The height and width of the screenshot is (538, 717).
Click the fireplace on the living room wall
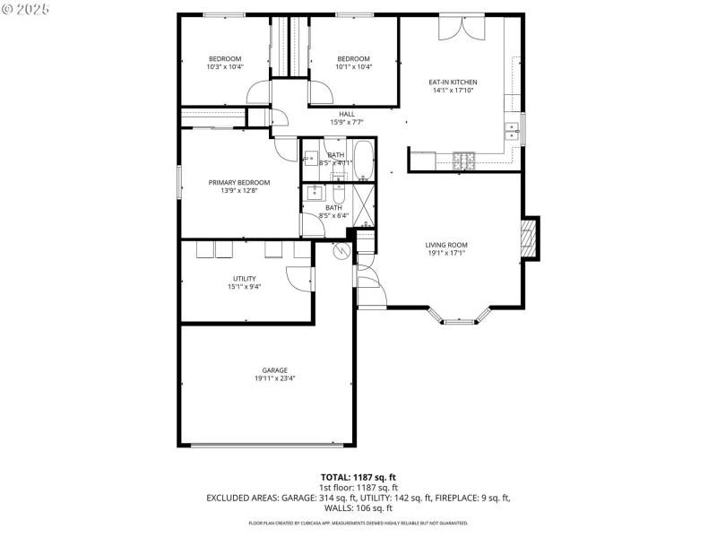tap(531, 239)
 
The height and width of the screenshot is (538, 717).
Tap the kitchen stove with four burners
tap(463, 161)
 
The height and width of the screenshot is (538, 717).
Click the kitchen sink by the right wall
tap(514, 131)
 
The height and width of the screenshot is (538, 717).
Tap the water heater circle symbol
tap(340, 251)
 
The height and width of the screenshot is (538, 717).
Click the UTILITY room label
tap(245, 279)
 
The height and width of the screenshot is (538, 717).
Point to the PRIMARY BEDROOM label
tap(239, 182)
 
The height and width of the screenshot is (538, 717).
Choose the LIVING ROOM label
tap(446, 245)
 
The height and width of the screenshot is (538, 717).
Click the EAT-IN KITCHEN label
tap(453, 82)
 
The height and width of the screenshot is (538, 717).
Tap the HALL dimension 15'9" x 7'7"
tap(347, 122)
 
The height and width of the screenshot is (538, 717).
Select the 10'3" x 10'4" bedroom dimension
tap(225, 67)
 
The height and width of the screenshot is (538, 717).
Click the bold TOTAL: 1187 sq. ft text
tap(358, 476)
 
